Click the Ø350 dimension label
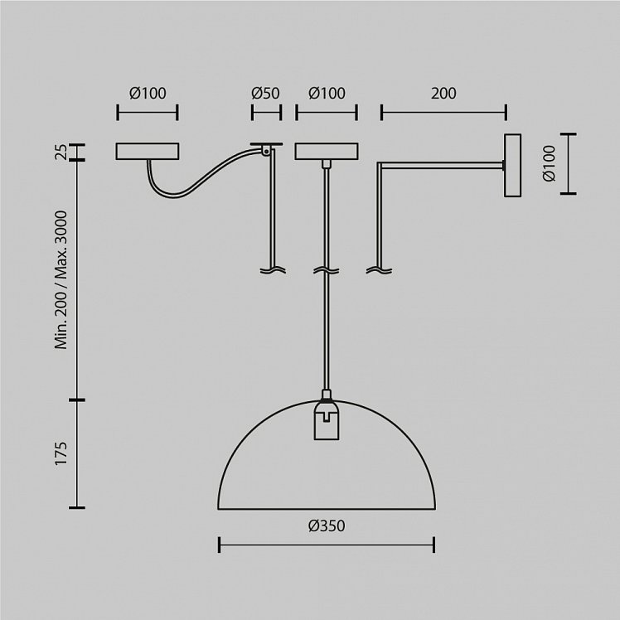click(x=327, y=526)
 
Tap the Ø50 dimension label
click(x=265, y=94)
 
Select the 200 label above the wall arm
click(x=443, y=94)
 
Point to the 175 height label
click(x=61, y=453)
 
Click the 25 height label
click(x=61, y=152)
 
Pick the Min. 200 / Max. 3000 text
click(x=61, y=280)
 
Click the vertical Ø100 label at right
click(x=550, y=163)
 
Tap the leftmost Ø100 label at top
click(x=148, y=94)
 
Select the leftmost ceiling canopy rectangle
click(x=148, y=152)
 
